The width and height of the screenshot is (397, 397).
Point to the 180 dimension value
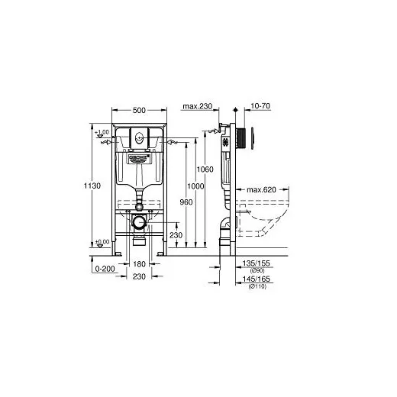point(138,263)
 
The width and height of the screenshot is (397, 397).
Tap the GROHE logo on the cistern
point(139,159)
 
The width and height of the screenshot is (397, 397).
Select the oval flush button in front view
point(139,138)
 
